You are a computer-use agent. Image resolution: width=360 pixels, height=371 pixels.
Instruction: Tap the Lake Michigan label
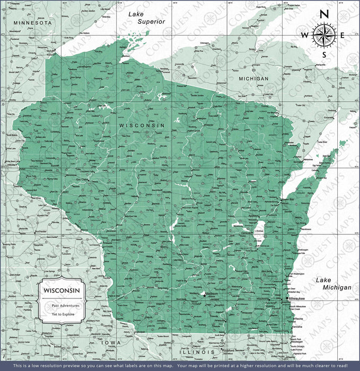(333, 284)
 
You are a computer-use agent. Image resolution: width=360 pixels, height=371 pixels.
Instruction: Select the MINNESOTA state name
(33, 23)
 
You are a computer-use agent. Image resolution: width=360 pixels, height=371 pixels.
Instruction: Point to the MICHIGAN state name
(253, 78)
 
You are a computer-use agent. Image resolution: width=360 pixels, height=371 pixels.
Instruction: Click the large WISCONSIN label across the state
(142, 125)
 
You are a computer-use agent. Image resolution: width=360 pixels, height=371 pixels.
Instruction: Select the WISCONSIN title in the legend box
(62, 291)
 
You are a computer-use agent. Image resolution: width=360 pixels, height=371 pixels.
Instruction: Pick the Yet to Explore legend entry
(62, 314)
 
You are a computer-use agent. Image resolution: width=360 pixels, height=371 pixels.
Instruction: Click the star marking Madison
(204, 294)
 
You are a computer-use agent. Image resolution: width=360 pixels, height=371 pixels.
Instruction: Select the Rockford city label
(229, 350)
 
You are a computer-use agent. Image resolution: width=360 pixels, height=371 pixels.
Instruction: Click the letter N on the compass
(324, 14)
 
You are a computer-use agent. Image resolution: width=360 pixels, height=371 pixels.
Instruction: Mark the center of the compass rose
(324, 35)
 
